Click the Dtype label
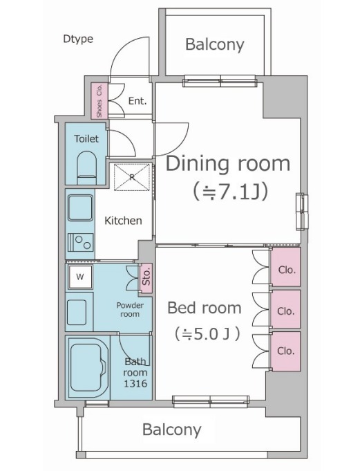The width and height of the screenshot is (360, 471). pyautogui.click(x=78, y=39)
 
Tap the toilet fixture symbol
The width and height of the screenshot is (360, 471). pyautogui.click(x=87, y=167)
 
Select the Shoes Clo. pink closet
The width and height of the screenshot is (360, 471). pyautogui.click(x=100, y=100)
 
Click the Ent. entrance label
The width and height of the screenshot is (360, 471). pyautogui.click(x=138, y=101)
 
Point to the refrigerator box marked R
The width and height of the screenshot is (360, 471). pyautogui.click(x=132, y=177)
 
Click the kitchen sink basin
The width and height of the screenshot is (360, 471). pyautogui.click(x=80, y=208)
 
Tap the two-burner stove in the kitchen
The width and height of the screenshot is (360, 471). pyautogui.click(x=80, y=242)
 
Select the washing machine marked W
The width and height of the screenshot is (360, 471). pyautogui.click(x=79, y=277)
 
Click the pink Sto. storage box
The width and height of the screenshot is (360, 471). pyautogui.click(x=146, y=279)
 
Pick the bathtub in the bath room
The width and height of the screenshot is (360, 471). pyautogui.click(x=88, y=368)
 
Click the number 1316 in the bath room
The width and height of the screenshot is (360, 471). pyautogui.click(x=135, y=384)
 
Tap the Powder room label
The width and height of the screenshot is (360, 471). pyautogui.click(x=130, y=310)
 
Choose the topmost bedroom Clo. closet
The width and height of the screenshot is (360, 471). pyautogui.click(x=285, y=267)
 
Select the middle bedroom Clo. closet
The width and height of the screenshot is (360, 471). pyautogui.click(x=285, y=308)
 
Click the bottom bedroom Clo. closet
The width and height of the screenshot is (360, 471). pyautogui.click(x=285, y=351)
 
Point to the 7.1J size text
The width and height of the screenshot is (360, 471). pyautogui.click(x=230, y=192)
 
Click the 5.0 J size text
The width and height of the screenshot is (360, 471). pyautogui.click(x=207, y=334)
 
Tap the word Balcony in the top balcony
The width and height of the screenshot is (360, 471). pyautogui.click(x=215, y=44)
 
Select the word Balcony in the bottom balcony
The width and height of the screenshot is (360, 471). pyautogui.click(x=172, y=430)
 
